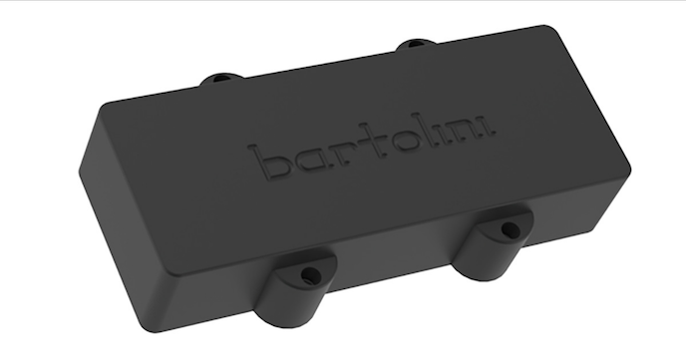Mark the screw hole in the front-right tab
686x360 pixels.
[x=509, y=229]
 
